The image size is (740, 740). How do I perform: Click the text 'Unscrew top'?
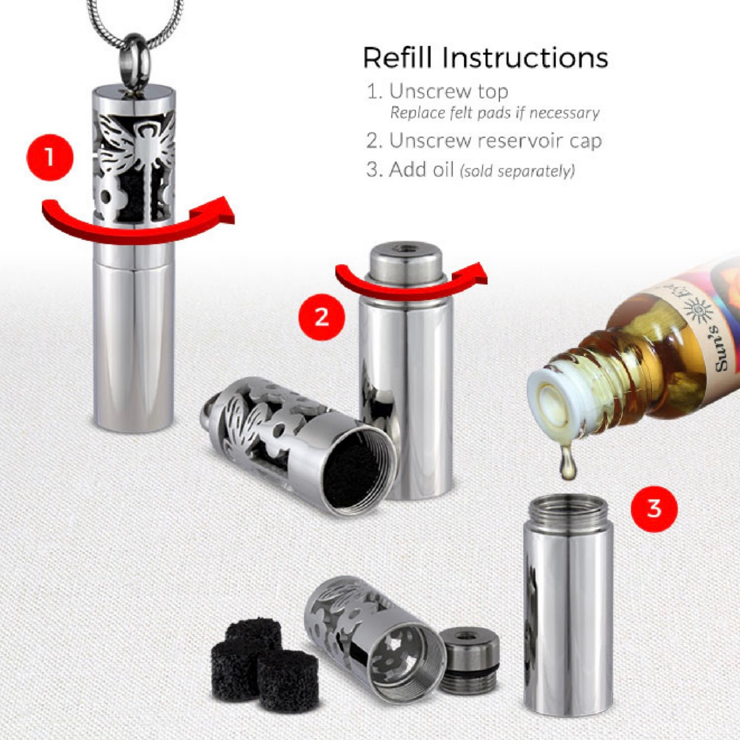pyautogui.click(x=448, y=92)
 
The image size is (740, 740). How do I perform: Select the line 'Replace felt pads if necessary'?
pyautogui.click(x=494, y=113)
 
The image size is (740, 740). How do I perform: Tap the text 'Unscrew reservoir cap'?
pyautogui.click(x=495, y=141)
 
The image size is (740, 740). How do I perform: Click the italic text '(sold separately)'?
pyautogui.click(x=518, y=171)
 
